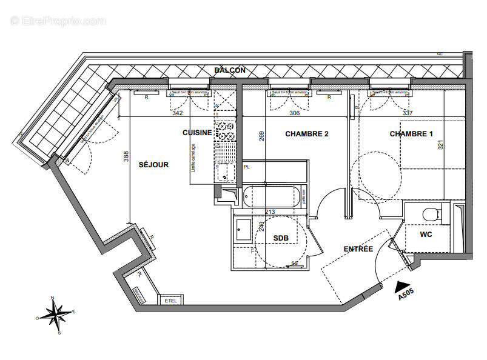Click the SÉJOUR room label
[x=153, y=164]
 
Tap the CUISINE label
[x=197, y=132]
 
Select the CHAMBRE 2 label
[x=307, y=133]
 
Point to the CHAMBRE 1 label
[x=411, y=133]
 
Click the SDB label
[x=280, y=238]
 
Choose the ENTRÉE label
[x=358, y=248]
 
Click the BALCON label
[x=230, y=70]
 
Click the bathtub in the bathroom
[x=271, y=196]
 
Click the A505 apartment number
[x=406, y=295]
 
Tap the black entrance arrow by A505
[x=401, y=283]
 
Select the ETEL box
[x=167, y=301]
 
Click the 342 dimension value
[x=178, y=113]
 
